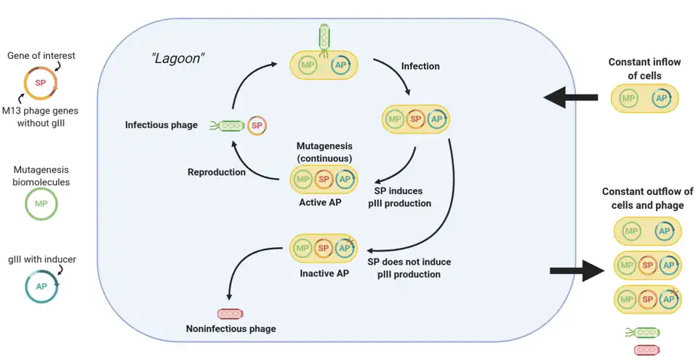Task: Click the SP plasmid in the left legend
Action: (x=40, y=83)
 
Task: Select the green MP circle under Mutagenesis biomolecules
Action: (x=40, y=204)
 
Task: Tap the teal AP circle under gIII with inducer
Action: (x=40, y=287)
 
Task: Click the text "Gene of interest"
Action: (x=41, y=55)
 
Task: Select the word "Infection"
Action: (x=420, y=66)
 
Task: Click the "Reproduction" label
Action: (x=216, y=172)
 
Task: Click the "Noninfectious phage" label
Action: (x=231, y=329)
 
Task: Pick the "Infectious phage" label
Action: (x=161, y=125)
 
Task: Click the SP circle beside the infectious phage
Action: (x=256, y=125)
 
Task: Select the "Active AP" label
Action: (x=321, y=202)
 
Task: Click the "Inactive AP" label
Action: (x=321, y=273)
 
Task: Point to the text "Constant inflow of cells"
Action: (x=644, y=68)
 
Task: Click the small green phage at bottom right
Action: (x=644, y=332)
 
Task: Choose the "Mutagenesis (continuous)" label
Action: (x=324, y=152)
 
